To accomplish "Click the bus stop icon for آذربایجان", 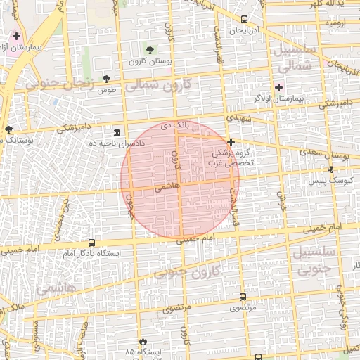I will click(x=243, y=20).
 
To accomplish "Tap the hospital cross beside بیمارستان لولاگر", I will click(x=279, y=87).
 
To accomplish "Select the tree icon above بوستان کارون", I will click(x=149, y=49).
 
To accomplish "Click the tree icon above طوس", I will click(x=106, y=79).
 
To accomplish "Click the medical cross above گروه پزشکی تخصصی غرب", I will click(x=230, y=142).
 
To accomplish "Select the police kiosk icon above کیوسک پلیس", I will click(x=330, y=169).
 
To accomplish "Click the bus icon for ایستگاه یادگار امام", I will click(x=91, y=243).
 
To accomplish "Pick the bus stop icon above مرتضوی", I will click(x=243, y=297).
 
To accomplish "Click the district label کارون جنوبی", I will click(x=195, y=272).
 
